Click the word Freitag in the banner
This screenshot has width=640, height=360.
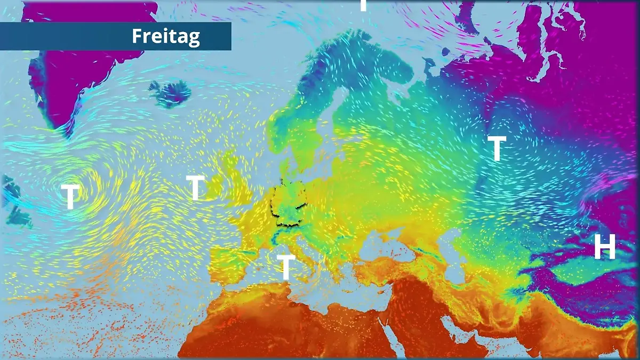coord(166,36)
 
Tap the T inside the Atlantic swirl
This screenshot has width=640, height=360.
coord(70,196)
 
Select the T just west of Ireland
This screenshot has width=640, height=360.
coord(195,188)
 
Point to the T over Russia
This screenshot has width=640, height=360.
coord(497,149)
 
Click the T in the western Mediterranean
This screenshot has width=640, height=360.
coord(286,267)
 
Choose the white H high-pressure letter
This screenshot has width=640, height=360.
coord(605,247)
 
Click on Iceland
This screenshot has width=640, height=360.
coord(170,93)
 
